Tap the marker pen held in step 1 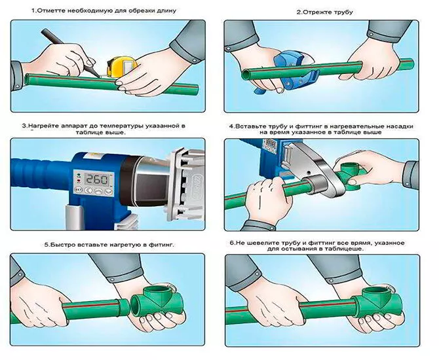point(70,53)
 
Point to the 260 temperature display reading point(96,180)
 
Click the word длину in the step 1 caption point(167,11)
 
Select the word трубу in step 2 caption point(344,12)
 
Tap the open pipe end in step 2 point(246,75)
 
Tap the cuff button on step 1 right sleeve point(194,60)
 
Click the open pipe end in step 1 point(27,79)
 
